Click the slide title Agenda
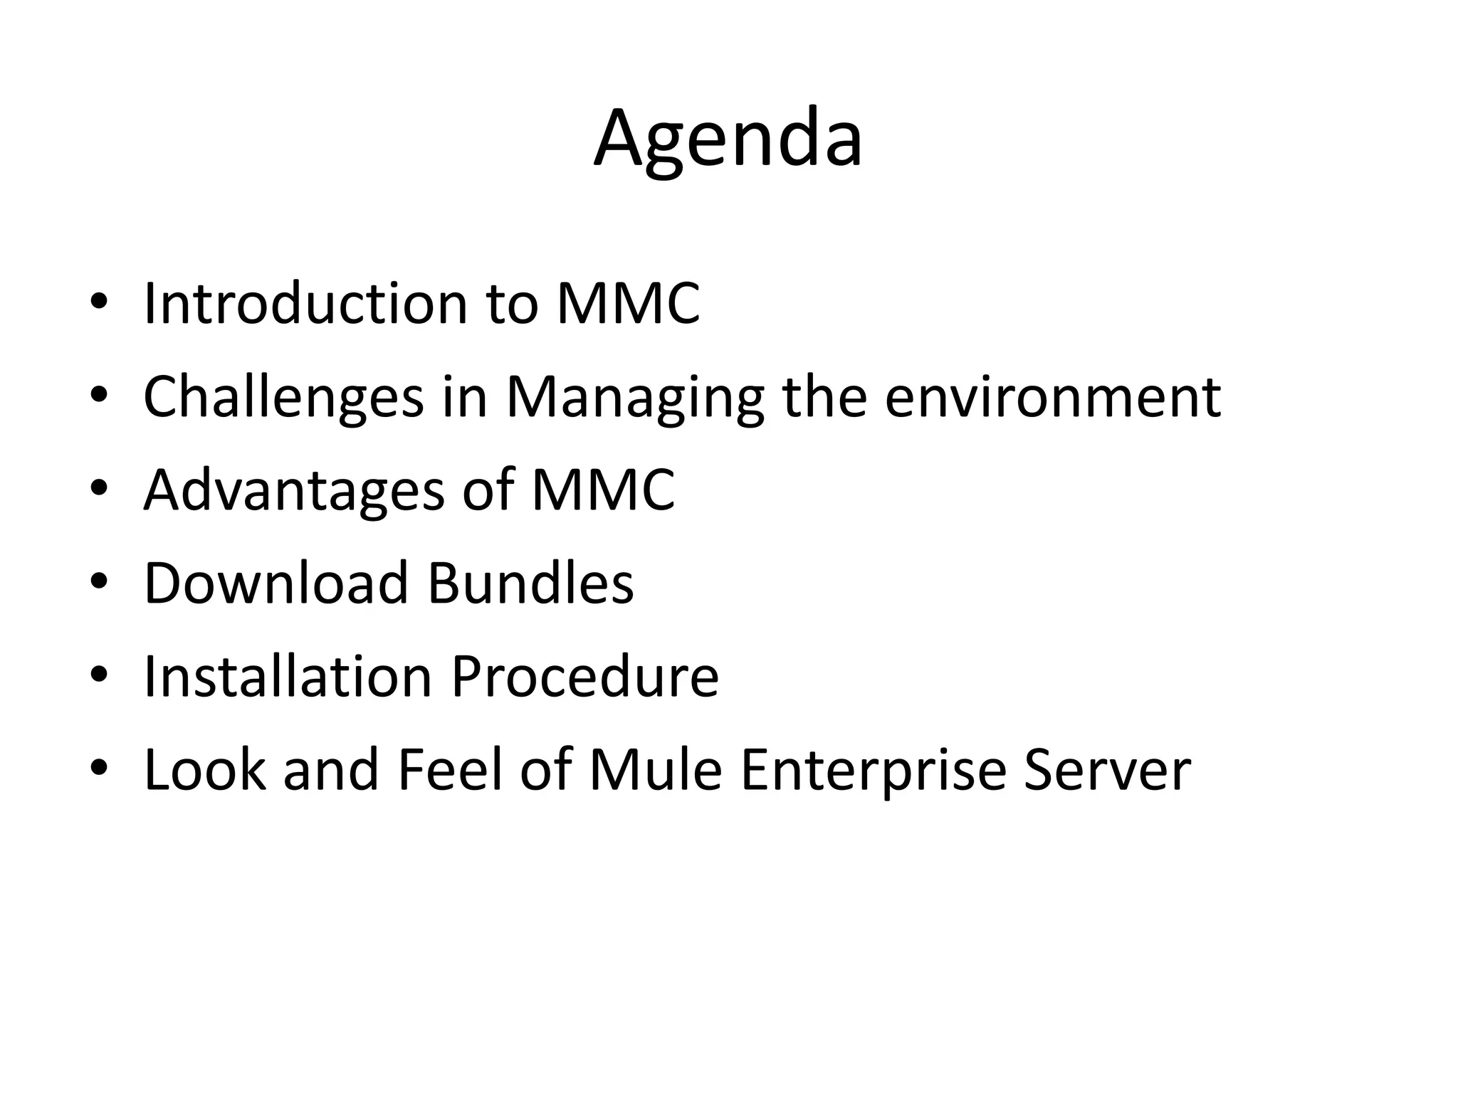click(728, 138)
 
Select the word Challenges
click(283, 397)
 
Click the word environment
click(1053, 397)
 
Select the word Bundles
click(530, 583)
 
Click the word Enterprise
click(873, 771)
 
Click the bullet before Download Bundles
click(99, 583)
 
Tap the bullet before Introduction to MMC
click(99, 303)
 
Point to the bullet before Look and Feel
click(99, 769)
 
